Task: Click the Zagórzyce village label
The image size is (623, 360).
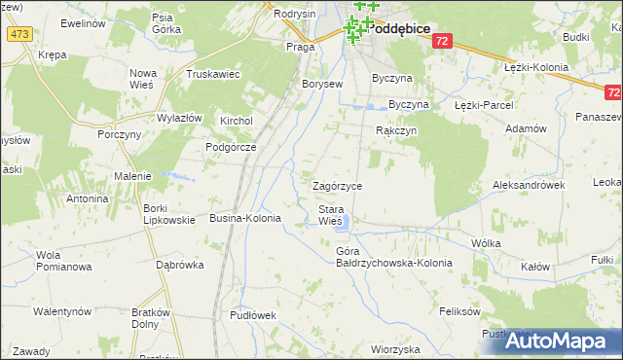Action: pos(337,186)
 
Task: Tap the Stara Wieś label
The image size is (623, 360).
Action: pos(331,215)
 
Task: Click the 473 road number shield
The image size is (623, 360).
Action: pos(18,34)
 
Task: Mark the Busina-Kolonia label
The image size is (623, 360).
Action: pos(245,219)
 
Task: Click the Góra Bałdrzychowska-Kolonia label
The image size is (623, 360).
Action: pos(381,258)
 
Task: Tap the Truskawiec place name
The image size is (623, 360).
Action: pos(213,74)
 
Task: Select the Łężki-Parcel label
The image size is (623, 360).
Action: pos(483,104)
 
